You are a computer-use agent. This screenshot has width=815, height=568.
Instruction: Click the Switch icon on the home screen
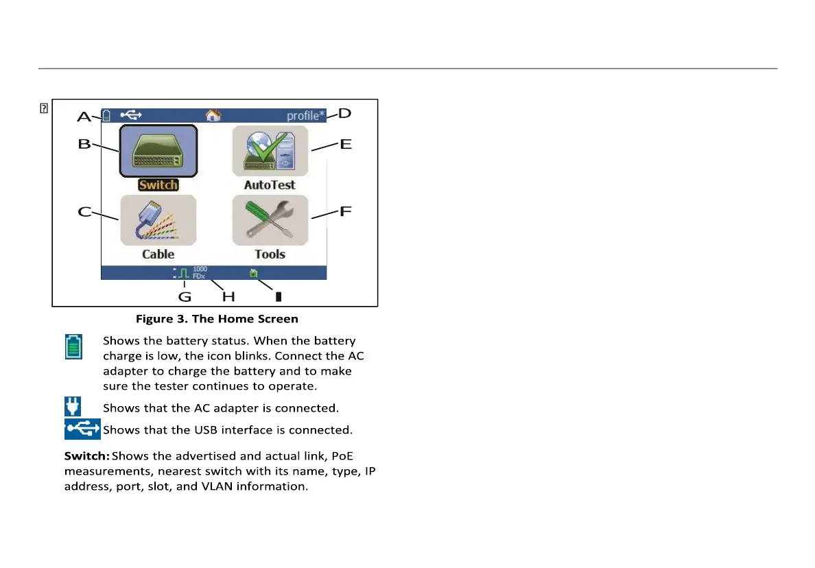click(158, 151)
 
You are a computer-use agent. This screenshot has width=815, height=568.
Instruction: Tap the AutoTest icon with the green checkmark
click(270, 151)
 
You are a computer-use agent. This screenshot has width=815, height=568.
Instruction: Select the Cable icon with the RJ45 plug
click(158, 220)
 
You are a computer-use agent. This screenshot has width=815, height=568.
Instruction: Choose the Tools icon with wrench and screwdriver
click(270, 220)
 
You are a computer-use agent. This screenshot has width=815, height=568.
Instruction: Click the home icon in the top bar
click(213, 115)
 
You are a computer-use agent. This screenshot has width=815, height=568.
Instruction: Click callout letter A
click(84, 117)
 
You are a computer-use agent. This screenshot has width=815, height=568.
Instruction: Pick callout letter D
click(345, 113)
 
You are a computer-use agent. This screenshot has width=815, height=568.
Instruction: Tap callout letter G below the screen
click(185, 297)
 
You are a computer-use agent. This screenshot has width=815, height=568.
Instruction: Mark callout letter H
click(228, 297)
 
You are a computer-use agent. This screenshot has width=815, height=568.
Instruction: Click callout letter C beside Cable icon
click(84, 212)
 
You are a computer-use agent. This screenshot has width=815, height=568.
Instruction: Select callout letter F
click(346, 211)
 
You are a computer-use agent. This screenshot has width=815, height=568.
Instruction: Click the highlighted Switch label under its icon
click(158, 185)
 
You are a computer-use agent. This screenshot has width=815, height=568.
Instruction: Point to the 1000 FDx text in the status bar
click(200, 272)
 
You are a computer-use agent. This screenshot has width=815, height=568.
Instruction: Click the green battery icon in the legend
click(73, 346)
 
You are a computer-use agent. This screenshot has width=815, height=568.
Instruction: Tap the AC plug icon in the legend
click(73, 407)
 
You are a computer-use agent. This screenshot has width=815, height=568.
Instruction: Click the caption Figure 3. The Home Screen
click(217, 318)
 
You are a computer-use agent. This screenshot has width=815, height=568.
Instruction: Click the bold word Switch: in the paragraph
click(87, 456)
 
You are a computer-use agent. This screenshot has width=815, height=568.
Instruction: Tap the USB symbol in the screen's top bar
click(131, 115)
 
